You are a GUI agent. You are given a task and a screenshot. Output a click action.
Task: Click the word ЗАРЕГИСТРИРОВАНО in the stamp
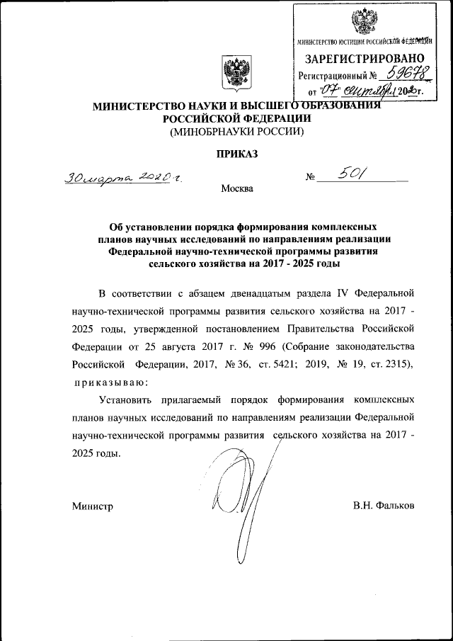(x=365, y=57)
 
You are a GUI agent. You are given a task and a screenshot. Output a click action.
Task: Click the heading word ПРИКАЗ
(x=237, y=153)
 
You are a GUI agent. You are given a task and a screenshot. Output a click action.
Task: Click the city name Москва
(x=236, y=188)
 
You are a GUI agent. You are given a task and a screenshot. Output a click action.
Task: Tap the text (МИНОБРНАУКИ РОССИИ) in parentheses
(x=236, y=132)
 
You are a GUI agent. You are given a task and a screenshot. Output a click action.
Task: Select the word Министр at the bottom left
(x=92, y=506)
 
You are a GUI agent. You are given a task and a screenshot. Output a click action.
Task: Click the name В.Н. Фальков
(x=383, y=506)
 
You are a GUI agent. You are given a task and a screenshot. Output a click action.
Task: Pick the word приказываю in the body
(x=108, y=382)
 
